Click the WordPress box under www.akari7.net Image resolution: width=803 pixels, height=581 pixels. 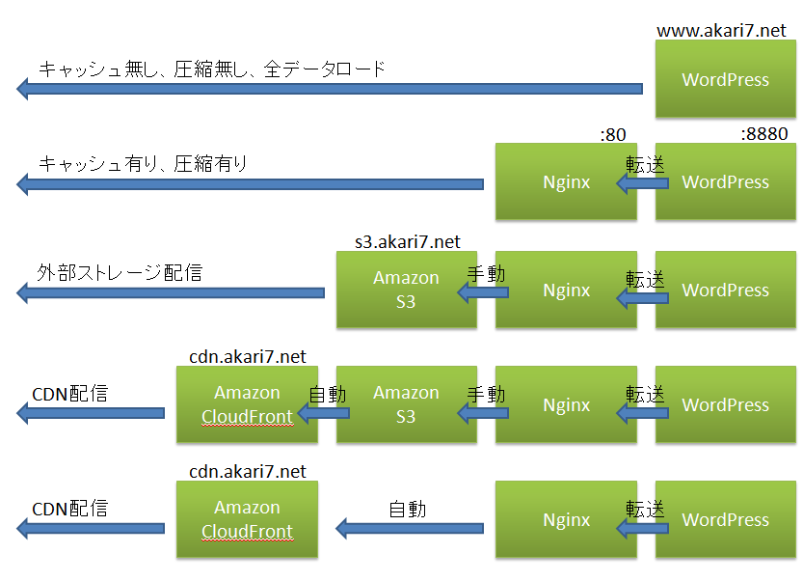click(726, 79)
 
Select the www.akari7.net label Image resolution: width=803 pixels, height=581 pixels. click(721, 31)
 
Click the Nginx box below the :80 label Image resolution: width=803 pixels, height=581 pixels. click(566, 182)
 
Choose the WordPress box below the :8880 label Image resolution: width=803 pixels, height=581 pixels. click(726, 182)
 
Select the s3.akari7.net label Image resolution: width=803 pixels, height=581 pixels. click(408, 241)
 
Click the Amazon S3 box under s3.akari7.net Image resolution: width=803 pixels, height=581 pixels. click(406, 290)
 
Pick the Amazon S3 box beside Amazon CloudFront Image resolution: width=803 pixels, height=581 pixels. click(406, 404)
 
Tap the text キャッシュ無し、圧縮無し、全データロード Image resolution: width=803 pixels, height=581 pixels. click(212, 69)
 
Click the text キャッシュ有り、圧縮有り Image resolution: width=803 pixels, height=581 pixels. click(143, 164)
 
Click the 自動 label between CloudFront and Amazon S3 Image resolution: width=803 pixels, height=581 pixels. click(327, 394)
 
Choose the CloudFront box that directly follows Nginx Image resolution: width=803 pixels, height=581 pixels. click(247, 519)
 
